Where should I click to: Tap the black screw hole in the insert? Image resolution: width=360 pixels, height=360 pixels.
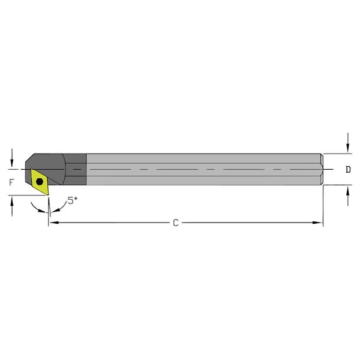point(40,180)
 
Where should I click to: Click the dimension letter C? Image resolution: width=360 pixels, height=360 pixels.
point(175,223)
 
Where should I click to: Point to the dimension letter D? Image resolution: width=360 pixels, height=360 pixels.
point(349,170)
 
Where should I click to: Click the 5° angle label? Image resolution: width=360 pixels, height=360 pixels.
point(73,201)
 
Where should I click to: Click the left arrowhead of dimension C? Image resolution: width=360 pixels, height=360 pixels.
point(52,223)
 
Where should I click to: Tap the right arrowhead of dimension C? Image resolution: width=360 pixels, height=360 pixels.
point(319,223)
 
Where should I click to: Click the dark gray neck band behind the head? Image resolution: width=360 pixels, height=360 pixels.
point(76,170)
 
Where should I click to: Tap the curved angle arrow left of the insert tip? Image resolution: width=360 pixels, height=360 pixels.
point(37,207)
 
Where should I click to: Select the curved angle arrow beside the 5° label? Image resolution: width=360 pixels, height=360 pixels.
point(59,208)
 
